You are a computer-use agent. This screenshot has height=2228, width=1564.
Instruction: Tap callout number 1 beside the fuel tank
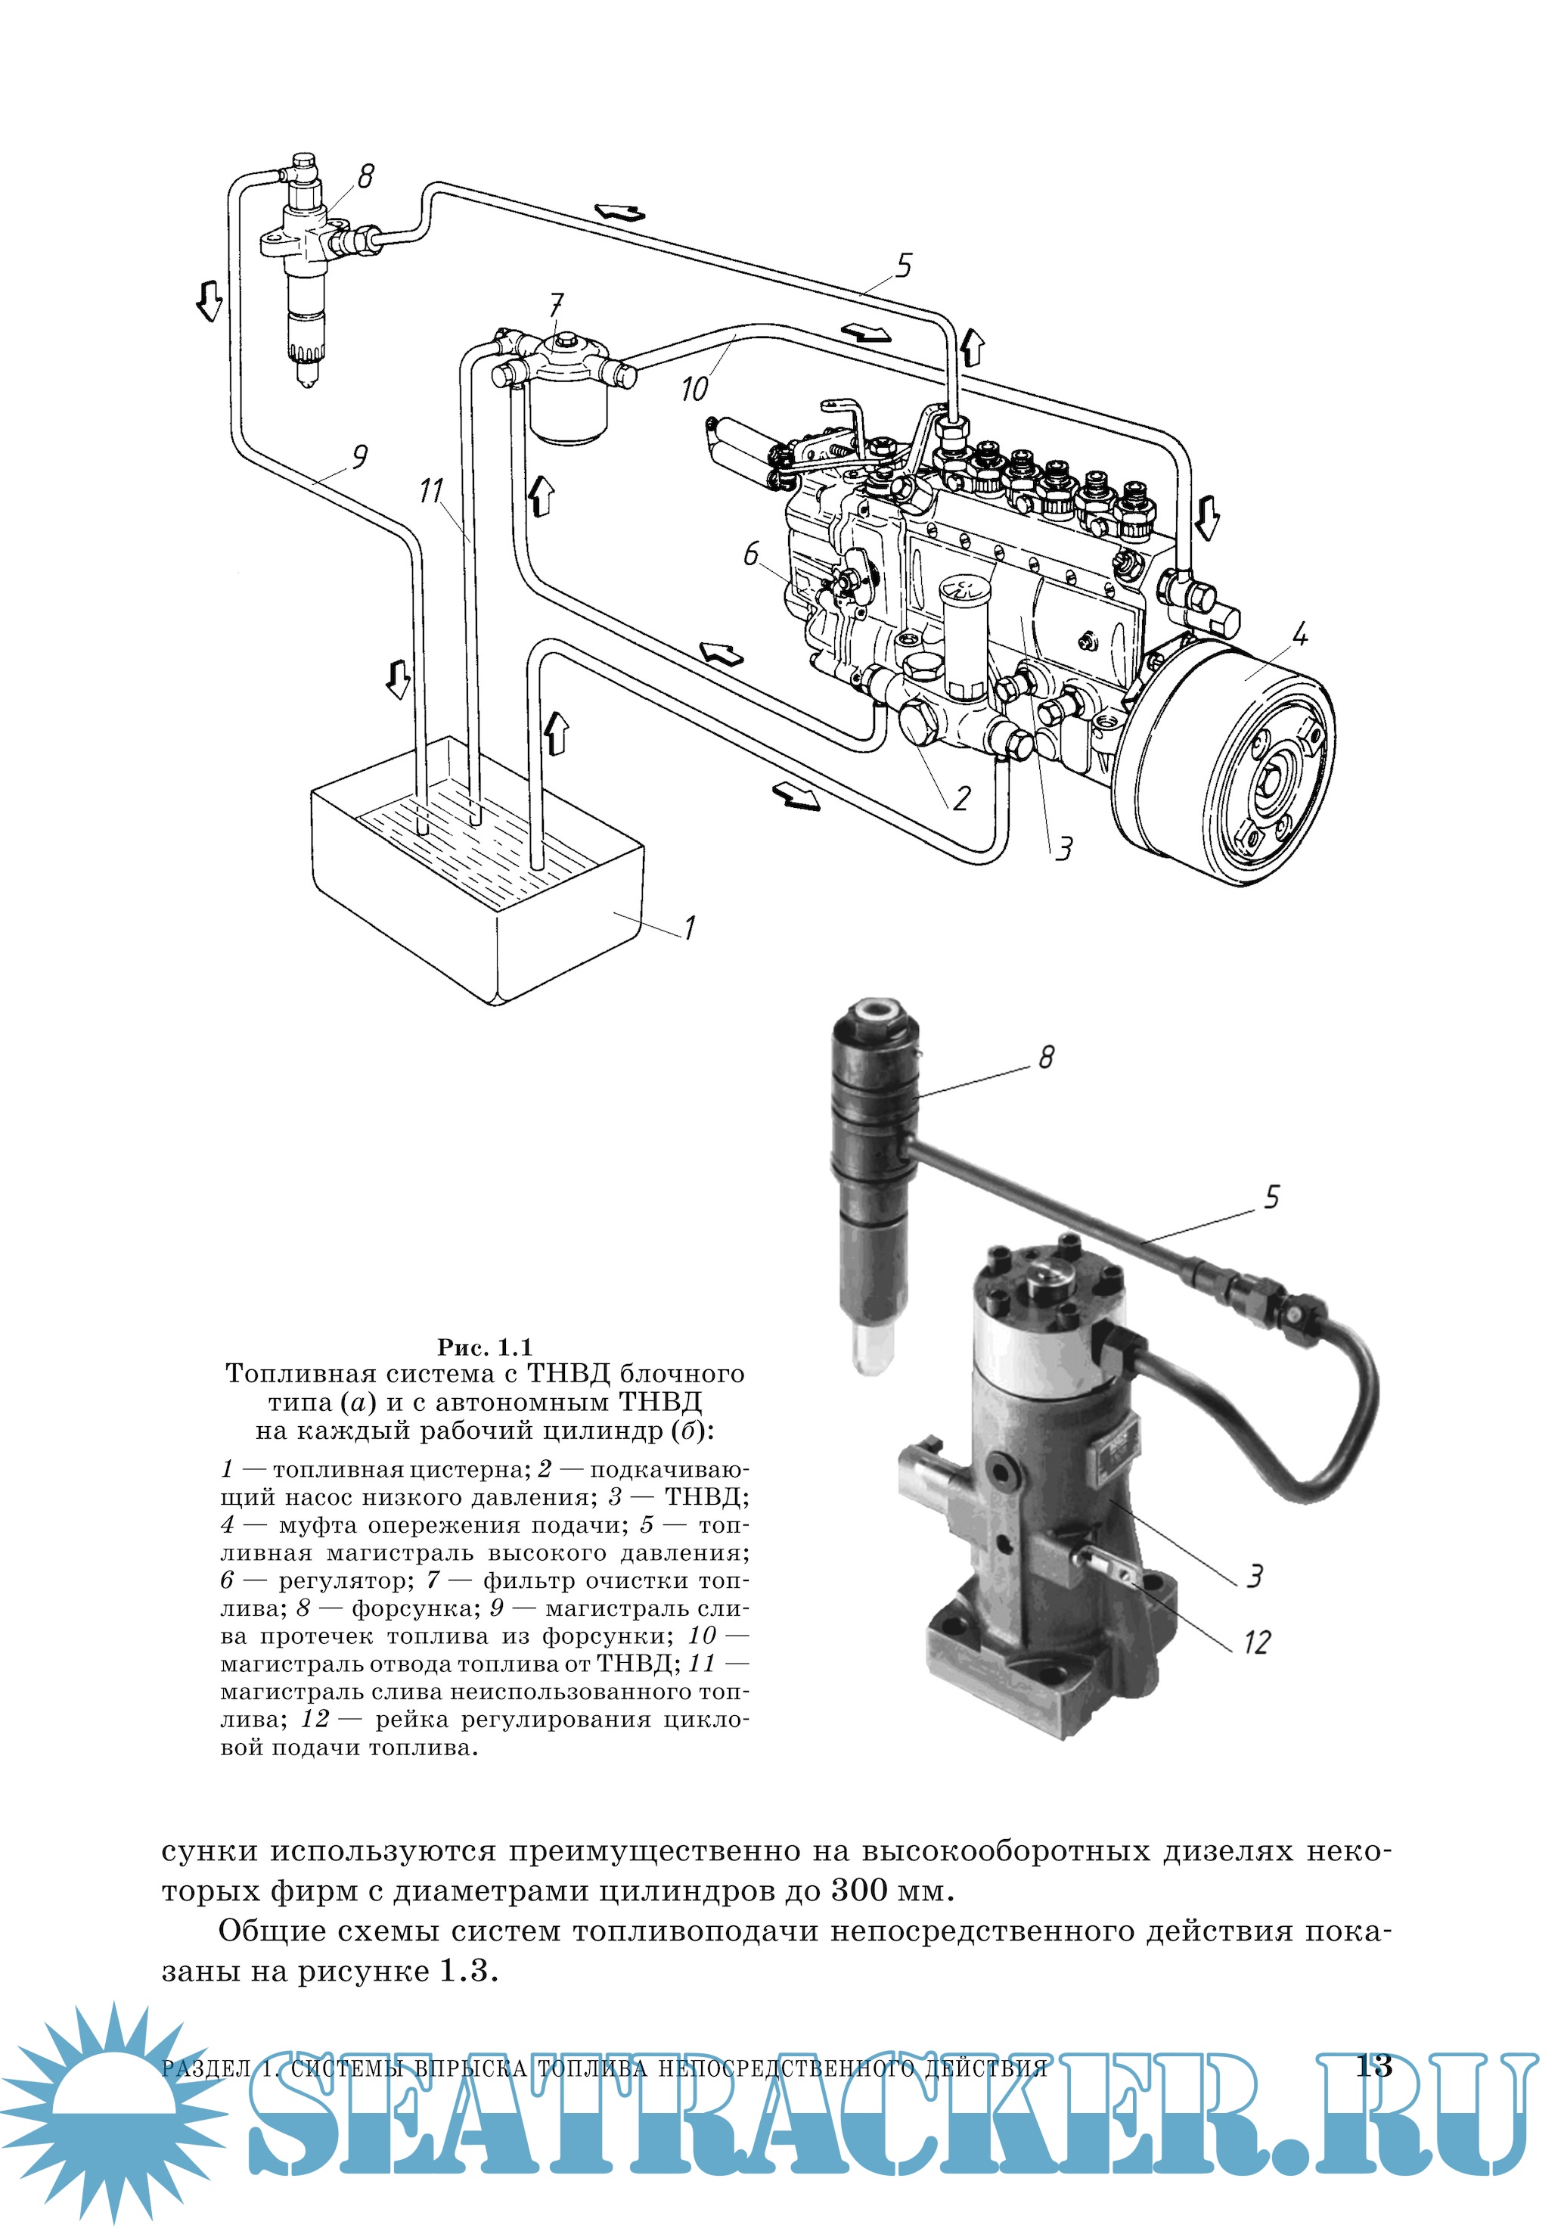click(689, 928)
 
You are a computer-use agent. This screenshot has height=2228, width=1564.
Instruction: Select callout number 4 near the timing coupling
click(1299, 635)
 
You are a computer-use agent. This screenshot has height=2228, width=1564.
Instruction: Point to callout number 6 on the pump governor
click(751, 554)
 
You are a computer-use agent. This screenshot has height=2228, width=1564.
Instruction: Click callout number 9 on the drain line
click(359, 455)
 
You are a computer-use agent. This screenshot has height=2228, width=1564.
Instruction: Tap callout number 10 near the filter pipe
click(695, 388)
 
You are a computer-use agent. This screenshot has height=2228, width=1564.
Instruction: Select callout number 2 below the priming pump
click(960, 797)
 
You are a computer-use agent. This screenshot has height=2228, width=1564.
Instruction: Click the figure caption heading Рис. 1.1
click(484, 1347)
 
